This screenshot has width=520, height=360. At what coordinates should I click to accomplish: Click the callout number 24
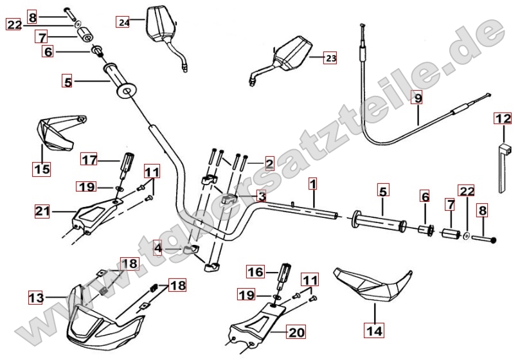tap(123, 22)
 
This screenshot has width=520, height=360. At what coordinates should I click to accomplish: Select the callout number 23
tap(330, 59)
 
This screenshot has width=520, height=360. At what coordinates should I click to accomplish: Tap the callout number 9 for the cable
tap(418, 98)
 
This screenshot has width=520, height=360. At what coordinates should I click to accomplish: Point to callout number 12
tap(503, 119)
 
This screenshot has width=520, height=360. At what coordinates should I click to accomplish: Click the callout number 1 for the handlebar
tap(312, 184)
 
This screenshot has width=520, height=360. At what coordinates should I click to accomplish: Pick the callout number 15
tap(42, 170)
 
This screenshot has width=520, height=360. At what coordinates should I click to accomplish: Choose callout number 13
tap(36, 298)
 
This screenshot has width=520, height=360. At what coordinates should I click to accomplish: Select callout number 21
tap(43, 210)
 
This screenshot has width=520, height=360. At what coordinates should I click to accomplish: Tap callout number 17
tap(89, 158)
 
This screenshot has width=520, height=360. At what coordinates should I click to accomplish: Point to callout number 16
tap(255, 272)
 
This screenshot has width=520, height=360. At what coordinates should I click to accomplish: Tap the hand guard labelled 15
tap(55, 132)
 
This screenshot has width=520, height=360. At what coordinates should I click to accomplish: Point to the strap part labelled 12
tap(503, 164)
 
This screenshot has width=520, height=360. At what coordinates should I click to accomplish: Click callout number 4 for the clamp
tap(157, 248)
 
